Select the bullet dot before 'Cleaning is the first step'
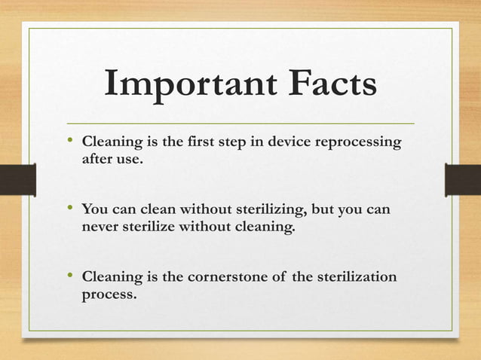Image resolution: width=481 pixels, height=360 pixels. click(71, 140)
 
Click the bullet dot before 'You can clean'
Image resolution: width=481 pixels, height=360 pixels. click(71, 207)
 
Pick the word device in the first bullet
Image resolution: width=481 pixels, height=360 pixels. click(293, 142)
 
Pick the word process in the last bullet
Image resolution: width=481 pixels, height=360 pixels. click(109, 295)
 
